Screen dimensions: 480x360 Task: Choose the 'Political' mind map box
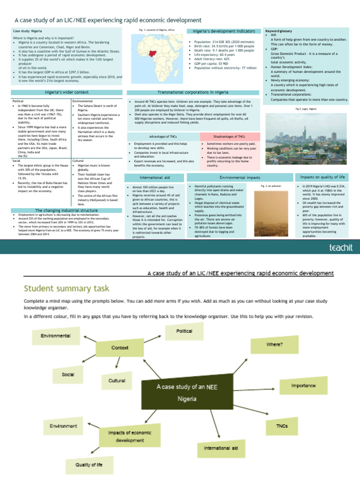click(x=184, y=331)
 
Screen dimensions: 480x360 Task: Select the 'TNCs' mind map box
click(x=282, y=426)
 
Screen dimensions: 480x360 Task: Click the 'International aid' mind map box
click(x=220, y=448)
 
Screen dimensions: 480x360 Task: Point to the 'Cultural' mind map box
click(x=117, y=381)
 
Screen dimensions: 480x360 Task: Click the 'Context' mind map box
click(x=120, y=348)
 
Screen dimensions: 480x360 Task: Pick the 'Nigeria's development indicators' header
click(x=223, y=31)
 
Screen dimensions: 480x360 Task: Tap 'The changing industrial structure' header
click(x=67, y=210)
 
